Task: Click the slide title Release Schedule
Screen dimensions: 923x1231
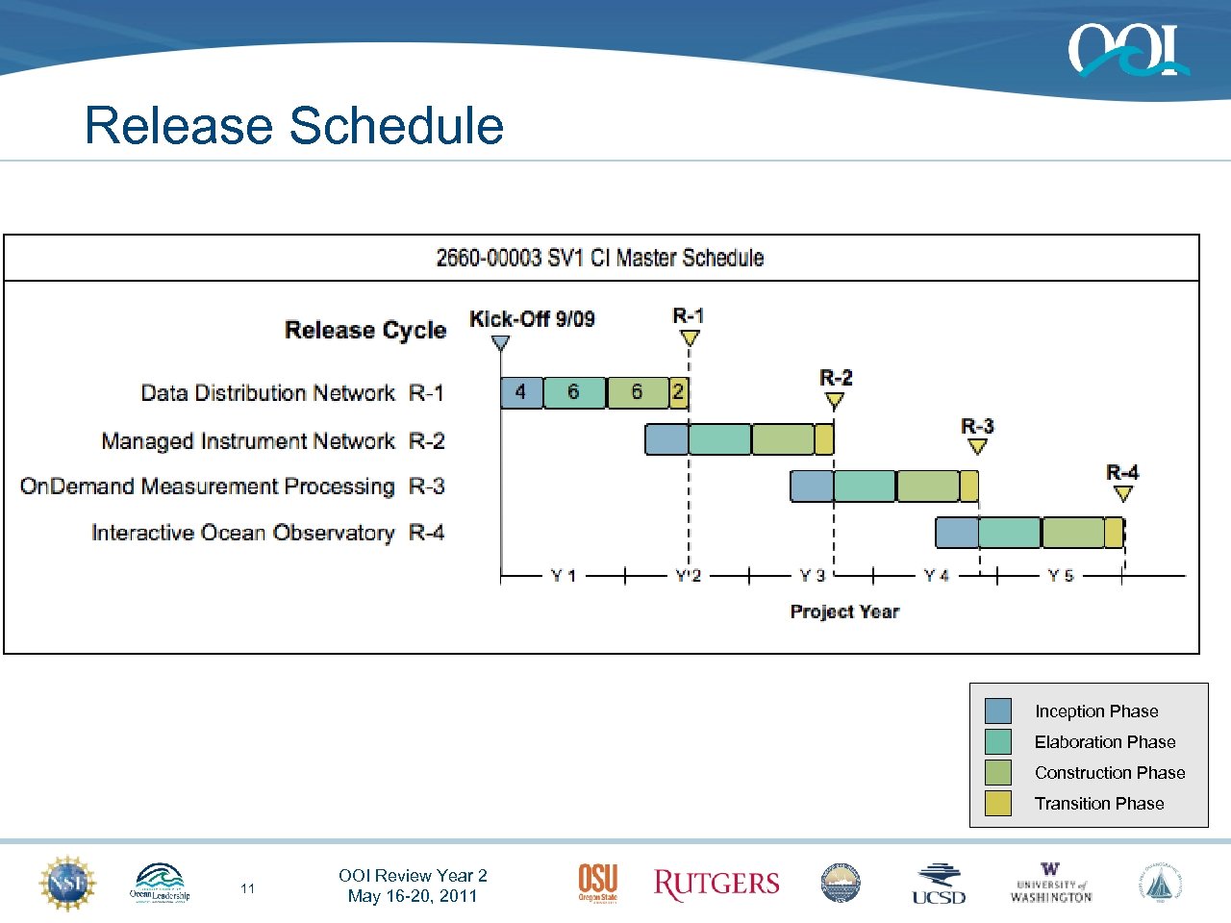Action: click(294, 126)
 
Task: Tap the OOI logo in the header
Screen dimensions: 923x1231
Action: click(1127, 50)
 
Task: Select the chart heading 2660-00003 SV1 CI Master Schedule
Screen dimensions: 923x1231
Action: click(600, 258)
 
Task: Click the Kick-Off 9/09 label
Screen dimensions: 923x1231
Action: click(532, 319)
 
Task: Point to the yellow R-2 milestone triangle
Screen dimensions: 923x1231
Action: click(835, 400)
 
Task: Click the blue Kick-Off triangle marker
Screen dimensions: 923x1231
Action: click(500, 341)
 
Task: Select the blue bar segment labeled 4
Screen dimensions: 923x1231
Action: click(521, 392)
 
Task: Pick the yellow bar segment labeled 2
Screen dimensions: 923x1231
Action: click(679, 392)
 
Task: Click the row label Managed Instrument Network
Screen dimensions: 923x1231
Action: click(248, 441)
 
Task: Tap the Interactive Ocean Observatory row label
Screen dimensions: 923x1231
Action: click(242, 533)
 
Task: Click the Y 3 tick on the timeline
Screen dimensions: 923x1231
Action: click(812, 576)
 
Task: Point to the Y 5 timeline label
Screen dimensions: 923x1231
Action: click(1060, 576)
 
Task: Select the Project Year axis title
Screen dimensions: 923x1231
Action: click(844, 611)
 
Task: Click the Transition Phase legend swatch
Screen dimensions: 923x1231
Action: click(998, 803)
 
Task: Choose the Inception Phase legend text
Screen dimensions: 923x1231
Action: click(1096, 711)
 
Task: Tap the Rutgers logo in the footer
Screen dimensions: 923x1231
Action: click(716, 884)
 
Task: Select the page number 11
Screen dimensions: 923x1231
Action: click(248, 888)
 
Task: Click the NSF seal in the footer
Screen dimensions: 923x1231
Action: click(67, 883)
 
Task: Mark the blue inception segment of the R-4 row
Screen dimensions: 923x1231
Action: click(957, 533)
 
